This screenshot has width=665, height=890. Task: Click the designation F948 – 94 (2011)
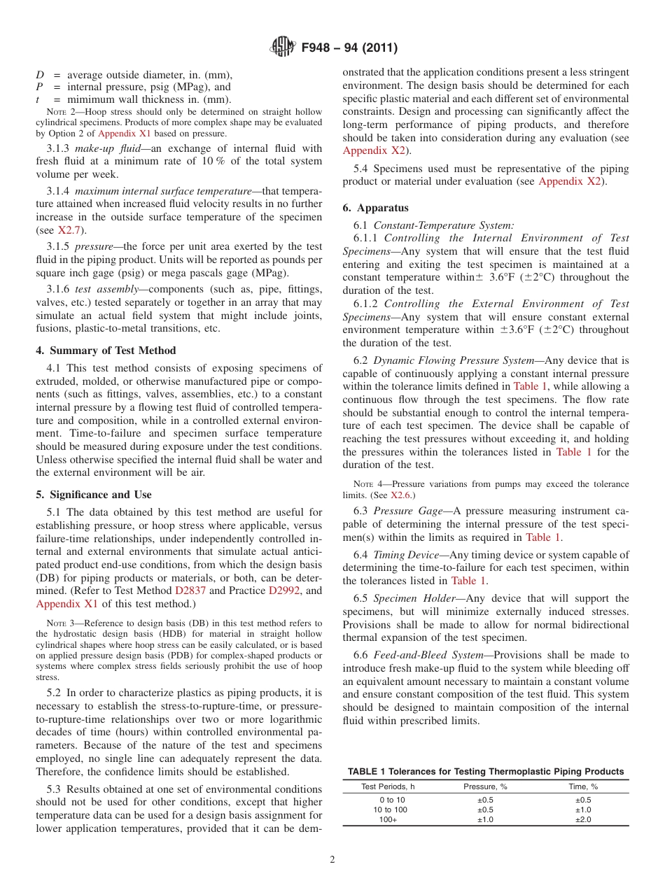tap(349, 48)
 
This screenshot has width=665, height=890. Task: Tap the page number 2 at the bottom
tap(332, 860)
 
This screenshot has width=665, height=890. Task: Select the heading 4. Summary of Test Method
tap(106, 351)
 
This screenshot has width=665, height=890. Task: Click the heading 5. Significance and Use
tap(94, 494)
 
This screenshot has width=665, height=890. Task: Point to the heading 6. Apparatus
tap(375, 208)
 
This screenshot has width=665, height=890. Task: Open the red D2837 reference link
tap(190, 591)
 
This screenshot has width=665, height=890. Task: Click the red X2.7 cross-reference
tap(69, 230)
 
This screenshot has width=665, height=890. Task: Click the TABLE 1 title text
tap(485, 771)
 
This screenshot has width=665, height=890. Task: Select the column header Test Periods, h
tap(388, 786)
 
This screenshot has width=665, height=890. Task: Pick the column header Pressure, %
tap(485, 786)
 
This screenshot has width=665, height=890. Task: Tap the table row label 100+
tap(388, 819)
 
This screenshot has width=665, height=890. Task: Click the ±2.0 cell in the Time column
tap(582, 819)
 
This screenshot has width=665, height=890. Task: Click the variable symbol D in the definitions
tap(40, 75)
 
